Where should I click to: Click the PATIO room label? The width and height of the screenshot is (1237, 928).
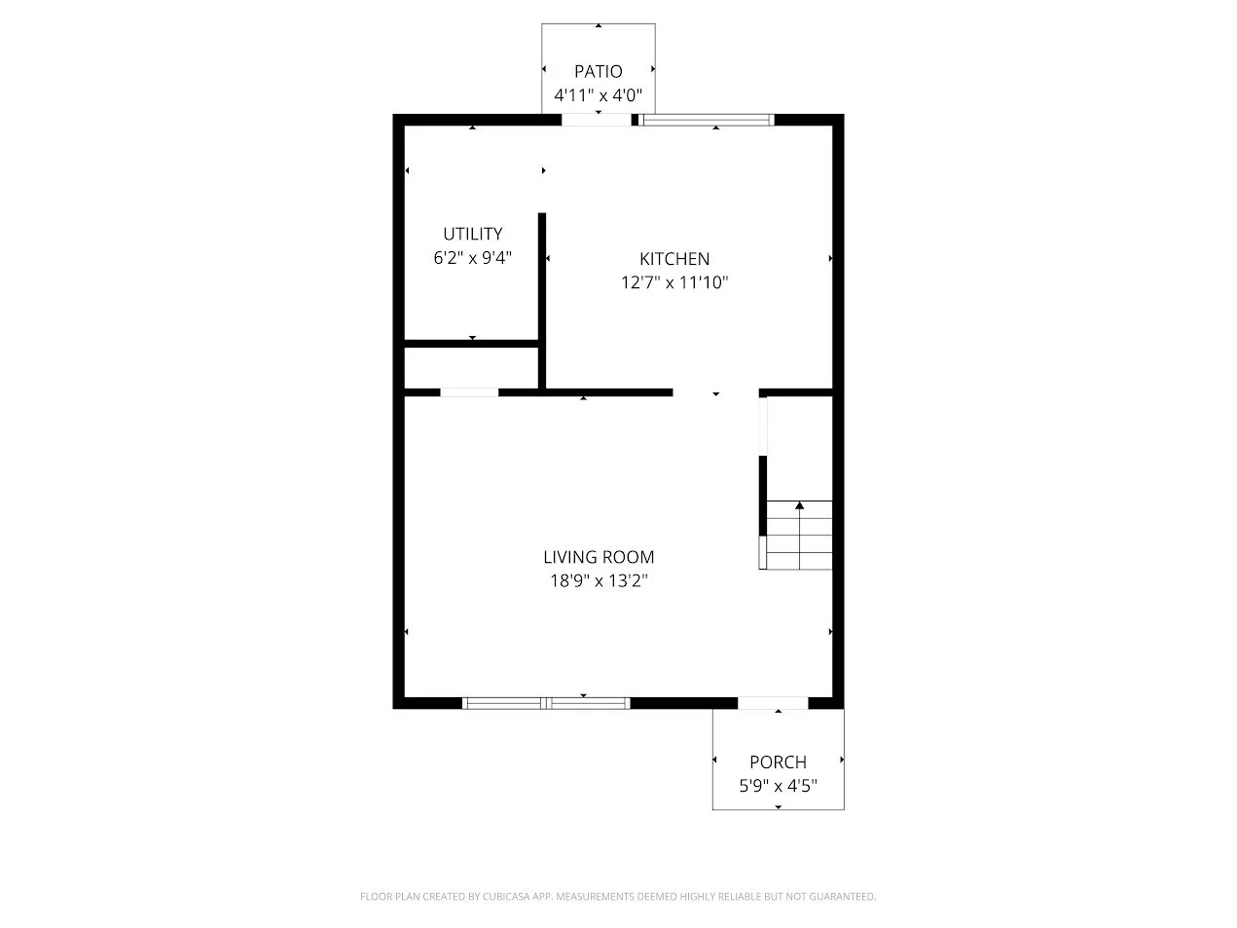(598, 72)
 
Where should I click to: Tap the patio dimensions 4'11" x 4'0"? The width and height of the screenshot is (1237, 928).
(598, 95)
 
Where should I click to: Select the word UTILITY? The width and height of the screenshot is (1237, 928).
(472, 234)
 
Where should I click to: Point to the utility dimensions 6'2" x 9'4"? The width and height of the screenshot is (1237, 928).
(472, 258)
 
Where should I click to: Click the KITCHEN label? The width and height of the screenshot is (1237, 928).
(674, 259)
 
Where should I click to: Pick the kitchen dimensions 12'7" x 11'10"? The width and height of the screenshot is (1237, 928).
(674, 282)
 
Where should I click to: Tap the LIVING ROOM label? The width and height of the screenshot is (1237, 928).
(599, 557)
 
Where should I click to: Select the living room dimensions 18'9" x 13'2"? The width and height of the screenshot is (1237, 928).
(599, 580)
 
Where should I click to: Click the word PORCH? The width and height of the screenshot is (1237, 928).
(778, 762)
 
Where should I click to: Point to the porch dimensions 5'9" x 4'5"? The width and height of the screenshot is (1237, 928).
(778, 786)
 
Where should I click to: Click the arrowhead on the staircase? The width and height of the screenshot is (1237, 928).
(799, 505)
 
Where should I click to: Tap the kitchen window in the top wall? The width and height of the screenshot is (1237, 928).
(707, 120)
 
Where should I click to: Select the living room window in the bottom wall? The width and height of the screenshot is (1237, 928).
(546, 703)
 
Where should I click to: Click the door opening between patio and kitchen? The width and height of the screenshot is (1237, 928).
(597, 120)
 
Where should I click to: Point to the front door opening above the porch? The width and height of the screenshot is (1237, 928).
(773, 703)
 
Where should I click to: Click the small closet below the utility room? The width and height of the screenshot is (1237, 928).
(472, 367)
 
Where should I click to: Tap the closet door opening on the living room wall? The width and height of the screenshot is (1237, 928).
(469, 392)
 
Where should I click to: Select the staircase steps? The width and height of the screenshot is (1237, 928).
(799, 535)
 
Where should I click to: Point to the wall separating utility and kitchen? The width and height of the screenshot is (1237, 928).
(541, 301)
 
